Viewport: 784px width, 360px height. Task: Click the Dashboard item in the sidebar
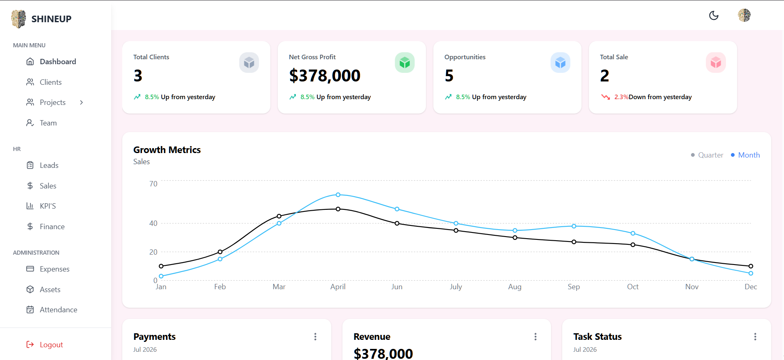pyautogui.click(x=51, y=62)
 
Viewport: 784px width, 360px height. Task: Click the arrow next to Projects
pyautogui.click(x=81, y=102)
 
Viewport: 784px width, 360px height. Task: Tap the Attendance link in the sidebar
pyautogui.click(x=51, y=310)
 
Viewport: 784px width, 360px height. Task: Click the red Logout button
pyautogui.click(x=44, y=345)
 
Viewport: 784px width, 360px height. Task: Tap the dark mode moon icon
pyautogui.click(x=714, y=16)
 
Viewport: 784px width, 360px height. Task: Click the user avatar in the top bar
pyautogui.click(x=744, y=15)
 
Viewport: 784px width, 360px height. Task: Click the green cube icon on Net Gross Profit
pyautogui.click(x=405, y=63)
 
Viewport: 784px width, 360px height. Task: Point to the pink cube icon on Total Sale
pyautogui.click(x=716, y=63)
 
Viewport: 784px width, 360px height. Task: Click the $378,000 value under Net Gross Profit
pyautogui.click(x=325, y=76)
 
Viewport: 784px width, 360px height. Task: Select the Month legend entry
pyautogui.click(x=745, y=155)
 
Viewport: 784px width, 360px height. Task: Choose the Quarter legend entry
pyautogui.click(x=707, y=155)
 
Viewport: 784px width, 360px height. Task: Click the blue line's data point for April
pyautogui.click(x=338, y=195)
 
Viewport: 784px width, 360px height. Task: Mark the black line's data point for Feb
pyautogui.click(x=220, y=252)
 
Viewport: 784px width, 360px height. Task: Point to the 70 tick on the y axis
pyautogui.click(x=153, y=184)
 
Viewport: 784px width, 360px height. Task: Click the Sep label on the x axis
pyautogui.click(x=574, y=287)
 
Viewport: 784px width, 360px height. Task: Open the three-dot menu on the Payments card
pyautogui.click(x=315, y=337)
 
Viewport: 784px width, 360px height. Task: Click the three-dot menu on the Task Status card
pyautogui.click(x=755, y=337)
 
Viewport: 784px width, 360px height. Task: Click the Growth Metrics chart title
pyautogui.click(x=167, y=150)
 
